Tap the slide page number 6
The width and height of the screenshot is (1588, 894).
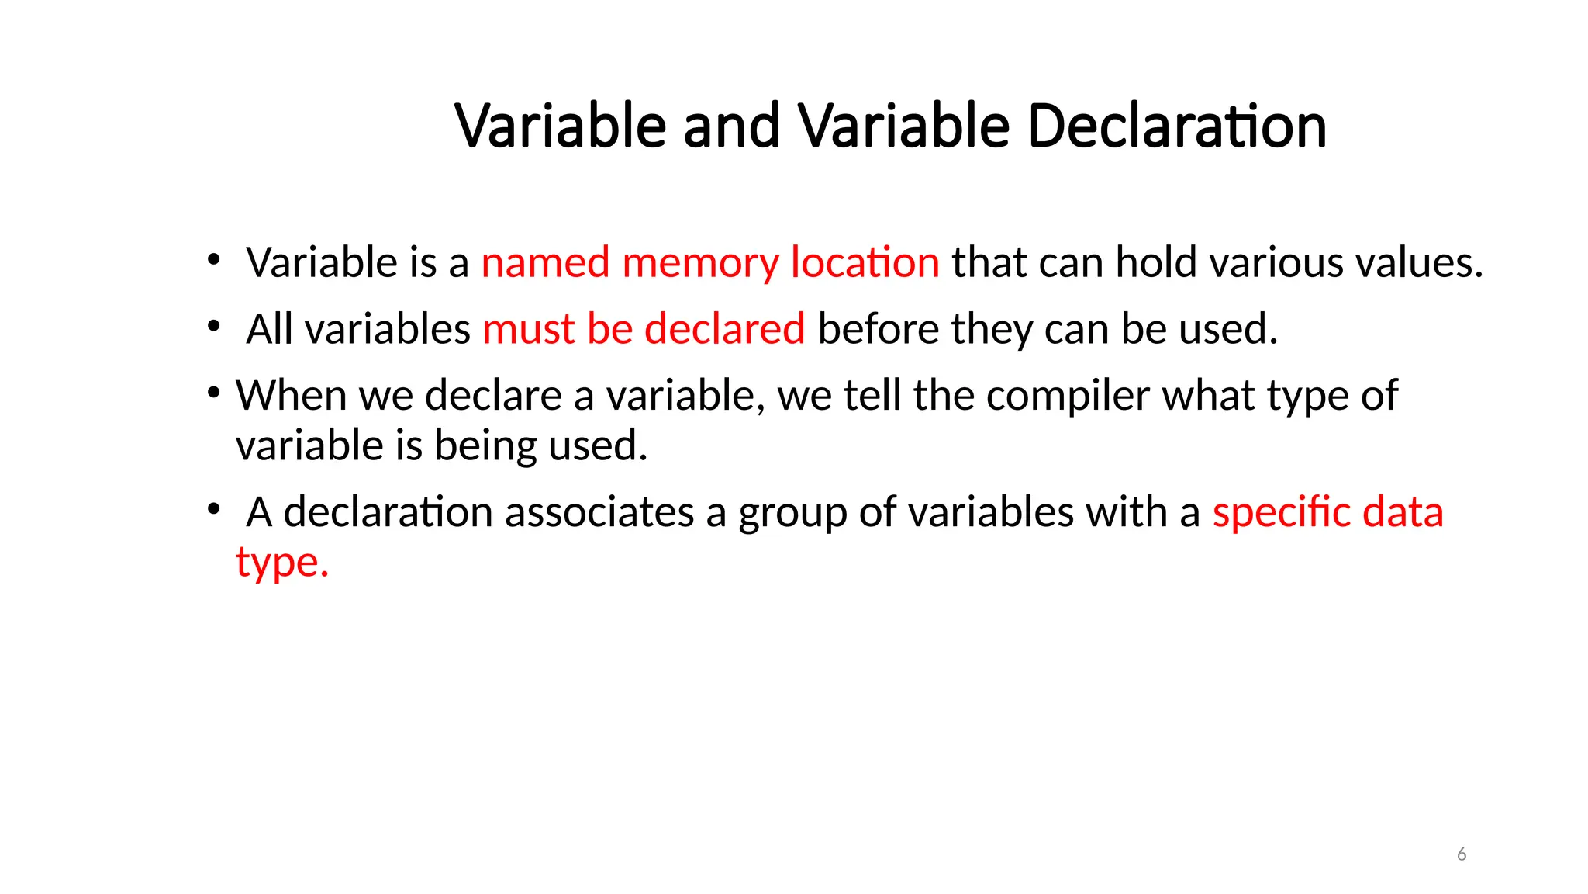[x=1462, y=854]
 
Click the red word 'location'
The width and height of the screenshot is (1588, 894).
[x=865, y=263]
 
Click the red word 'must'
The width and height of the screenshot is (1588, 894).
[x=529, y=329]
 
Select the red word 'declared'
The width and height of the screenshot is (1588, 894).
[x=724, y=329]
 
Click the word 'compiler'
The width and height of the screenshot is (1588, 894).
[x=1068, y=397]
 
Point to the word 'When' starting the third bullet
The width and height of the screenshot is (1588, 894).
[x=291, y=396]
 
